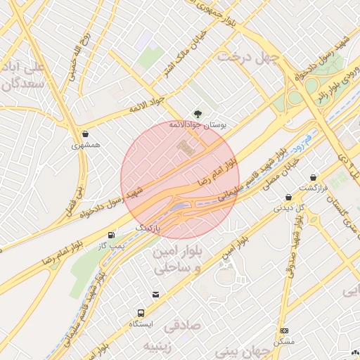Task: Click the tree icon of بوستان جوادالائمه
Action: pyautogui.click(x=198, y=113)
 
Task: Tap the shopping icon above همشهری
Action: pyautogui.click(x=86, y=134)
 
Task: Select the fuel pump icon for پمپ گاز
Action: pyautogui.click(x=111, y=234)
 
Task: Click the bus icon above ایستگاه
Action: pyautogui.click(x=141, y=313)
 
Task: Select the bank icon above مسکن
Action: pyautogui.click(x=284, y=330)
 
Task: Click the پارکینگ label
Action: pyautogui.click(x=148, y=229)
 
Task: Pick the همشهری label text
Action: pyautogui.click(x=86, y=146)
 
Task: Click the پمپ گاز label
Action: pyautogui.click(x=110, y=246)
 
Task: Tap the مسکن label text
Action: pyautogui.click(x=285, y=342)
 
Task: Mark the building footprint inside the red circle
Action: pyautogui.click(x=187, y=148)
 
